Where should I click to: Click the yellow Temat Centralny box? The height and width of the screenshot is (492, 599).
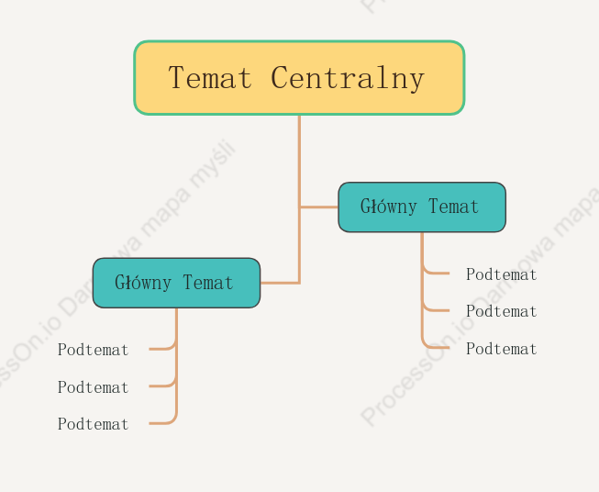[299, 78]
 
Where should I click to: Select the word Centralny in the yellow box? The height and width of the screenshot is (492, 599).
[348, 78]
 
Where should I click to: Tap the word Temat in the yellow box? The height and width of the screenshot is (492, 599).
[210, 78]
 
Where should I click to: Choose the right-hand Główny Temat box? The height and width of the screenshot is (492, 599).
[422, 207]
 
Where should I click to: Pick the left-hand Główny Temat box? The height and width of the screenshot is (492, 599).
[176, 283]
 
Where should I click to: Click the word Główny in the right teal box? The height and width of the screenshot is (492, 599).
[389, 207]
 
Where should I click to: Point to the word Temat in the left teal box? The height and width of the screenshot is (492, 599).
[208, 283]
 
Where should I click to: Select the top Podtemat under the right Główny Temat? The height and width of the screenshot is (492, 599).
[501, 274]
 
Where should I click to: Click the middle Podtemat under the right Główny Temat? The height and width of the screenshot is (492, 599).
[501, 311]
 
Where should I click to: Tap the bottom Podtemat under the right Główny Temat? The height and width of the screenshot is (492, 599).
[501, 349]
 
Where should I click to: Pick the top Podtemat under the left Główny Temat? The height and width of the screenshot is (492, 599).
[94, 350]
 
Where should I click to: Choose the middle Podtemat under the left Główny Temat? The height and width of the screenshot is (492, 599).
[94, 387]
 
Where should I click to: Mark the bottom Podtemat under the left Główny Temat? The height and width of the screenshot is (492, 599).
[94, 424]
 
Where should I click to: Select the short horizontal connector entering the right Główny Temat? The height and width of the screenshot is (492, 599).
[319, 207]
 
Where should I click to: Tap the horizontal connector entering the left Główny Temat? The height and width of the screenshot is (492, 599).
[280, 283]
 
